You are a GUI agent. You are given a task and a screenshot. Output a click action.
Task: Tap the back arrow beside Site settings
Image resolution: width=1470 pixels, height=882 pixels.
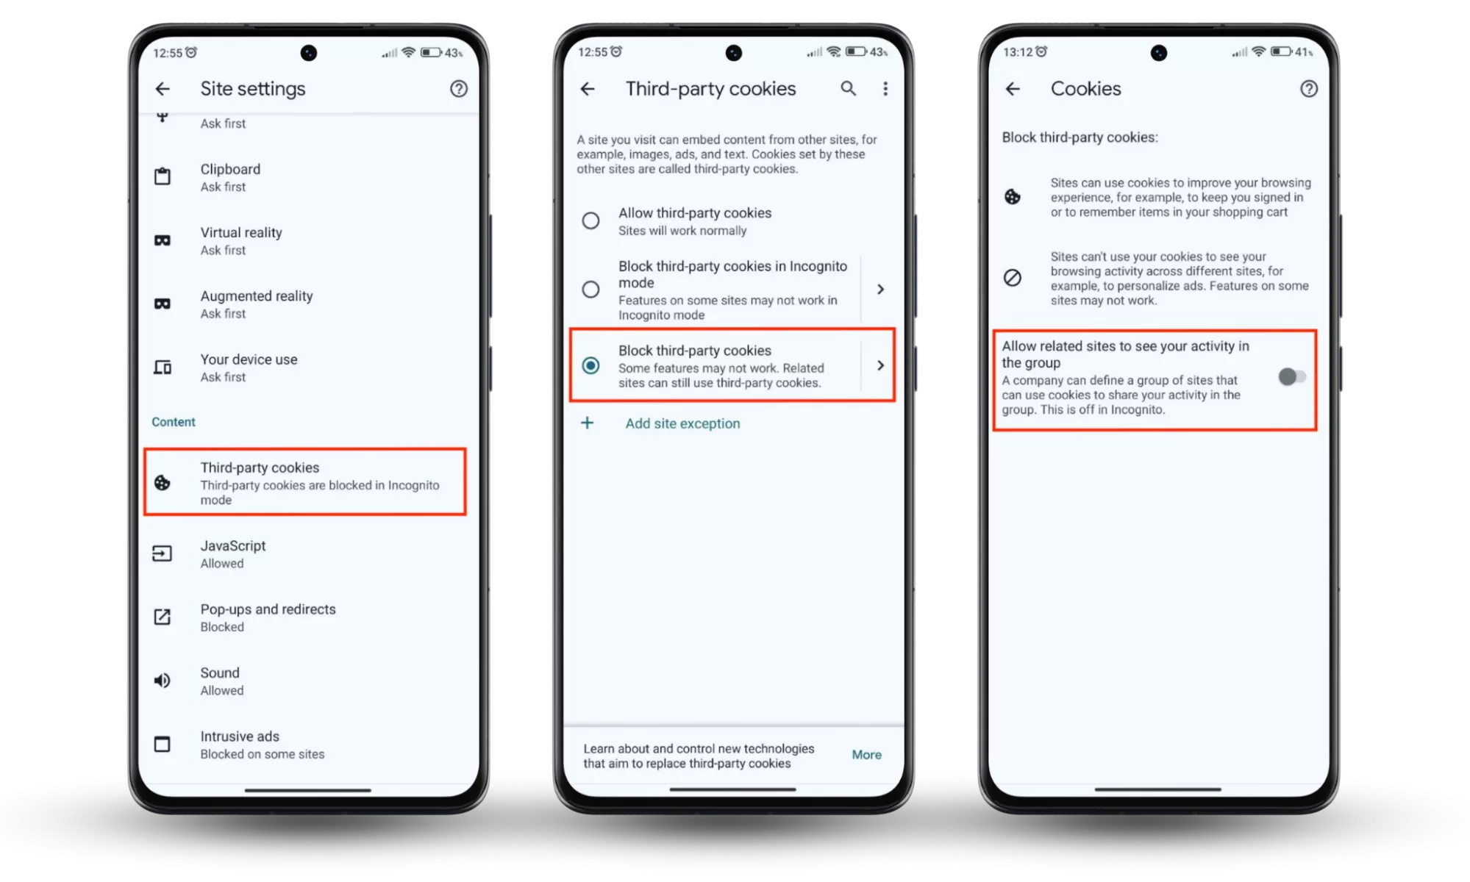pyautogui.click(x=163, y=89)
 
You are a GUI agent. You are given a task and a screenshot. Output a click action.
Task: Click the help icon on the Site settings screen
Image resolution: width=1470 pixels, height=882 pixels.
pyautogui.click(x=459, y=89)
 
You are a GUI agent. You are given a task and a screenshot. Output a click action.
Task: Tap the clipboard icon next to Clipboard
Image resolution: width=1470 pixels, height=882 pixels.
pyautogui.click(x=163, y=176)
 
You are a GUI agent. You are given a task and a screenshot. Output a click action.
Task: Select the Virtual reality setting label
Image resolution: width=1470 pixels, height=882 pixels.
pyautogui.click(x=241, y=233)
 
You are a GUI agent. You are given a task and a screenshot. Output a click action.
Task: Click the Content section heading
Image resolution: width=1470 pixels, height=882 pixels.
pyautogui.click(x=174, y=422)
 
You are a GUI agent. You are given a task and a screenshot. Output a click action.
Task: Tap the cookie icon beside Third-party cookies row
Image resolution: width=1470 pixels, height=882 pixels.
pyautogui.click(x=163, y=482)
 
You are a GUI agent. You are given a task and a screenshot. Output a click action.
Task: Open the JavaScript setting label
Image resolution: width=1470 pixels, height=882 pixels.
pyautogui.click(x=233, y=546)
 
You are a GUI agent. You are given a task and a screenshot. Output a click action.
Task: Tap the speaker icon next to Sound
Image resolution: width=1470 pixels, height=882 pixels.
pyautogui.click(x=163, y=681)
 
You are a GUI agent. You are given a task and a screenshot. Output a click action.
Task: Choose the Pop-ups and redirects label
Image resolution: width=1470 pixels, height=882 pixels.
pyautogui.click(x=268, y=609)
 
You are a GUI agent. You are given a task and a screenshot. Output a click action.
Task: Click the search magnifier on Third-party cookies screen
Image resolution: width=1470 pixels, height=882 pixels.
pyautogui.click(x=849, y=89)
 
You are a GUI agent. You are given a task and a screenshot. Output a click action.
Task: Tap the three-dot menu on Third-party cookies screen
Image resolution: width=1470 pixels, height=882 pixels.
pyautogui.click(x=885, y=89)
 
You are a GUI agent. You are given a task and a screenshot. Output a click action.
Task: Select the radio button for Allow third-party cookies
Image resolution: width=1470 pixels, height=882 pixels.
pyautogui.click(x=591, y=220)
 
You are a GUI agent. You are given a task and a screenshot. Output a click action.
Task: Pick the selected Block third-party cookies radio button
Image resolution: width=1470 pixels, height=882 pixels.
pyautogui.click(x=591, y=365)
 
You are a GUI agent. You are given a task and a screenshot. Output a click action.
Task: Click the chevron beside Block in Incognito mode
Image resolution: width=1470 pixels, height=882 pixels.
pyautogui.click(x=880, y=290)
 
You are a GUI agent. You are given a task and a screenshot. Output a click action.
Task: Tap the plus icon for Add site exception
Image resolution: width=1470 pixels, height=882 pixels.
pyautogui.click(x=588, y=423)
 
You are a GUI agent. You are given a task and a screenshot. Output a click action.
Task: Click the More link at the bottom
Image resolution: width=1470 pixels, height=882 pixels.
pyautogui.click(x=867, y=755)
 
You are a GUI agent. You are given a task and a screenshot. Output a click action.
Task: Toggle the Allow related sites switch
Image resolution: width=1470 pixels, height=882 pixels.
pyautogui.click(x=1292, y=377)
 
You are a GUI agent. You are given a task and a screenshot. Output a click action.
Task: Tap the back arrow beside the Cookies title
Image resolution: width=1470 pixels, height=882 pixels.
pyautogui.click(x=1013, y=89)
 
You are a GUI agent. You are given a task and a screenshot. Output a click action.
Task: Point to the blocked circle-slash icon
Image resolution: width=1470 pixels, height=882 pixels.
pyautogui.click(x=1013, y=278)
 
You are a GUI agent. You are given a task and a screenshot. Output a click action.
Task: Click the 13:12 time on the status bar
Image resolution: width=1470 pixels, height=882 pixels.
pyautogui.click(x=1018, y=52)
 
